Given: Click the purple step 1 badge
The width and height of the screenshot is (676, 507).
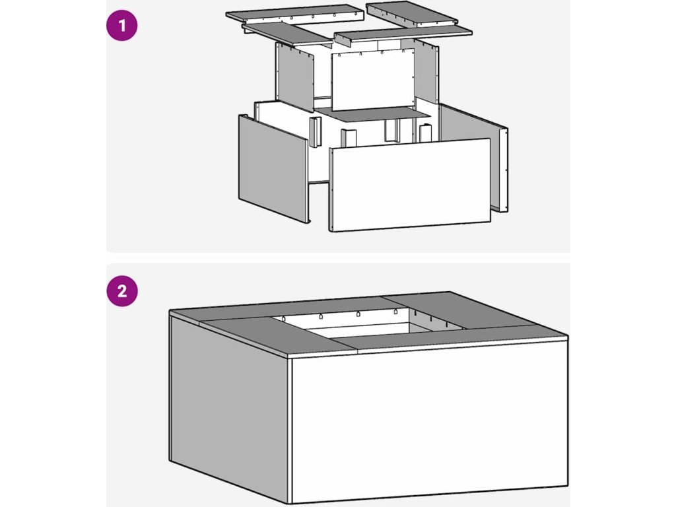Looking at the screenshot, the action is tap(122, 26).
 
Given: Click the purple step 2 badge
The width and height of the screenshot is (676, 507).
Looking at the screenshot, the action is tap(122, 291).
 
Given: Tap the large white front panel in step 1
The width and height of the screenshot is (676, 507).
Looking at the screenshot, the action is tap(409, 185).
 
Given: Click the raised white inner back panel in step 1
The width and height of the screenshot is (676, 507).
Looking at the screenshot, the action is tap(373, 79).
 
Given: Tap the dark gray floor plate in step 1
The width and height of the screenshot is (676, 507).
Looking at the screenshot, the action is tap(374, 114).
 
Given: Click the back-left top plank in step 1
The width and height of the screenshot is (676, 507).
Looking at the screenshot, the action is tap(295, 13).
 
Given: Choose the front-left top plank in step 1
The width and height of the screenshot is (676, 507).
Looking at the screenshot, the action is tap(288, 34).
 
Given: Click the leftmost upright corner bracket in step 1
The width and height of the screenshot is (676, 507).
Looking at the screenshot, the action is tap(315, 131).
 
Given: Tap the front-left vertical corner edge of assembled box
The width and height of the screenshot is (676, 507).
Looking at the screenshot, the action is tap(290, 430).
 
